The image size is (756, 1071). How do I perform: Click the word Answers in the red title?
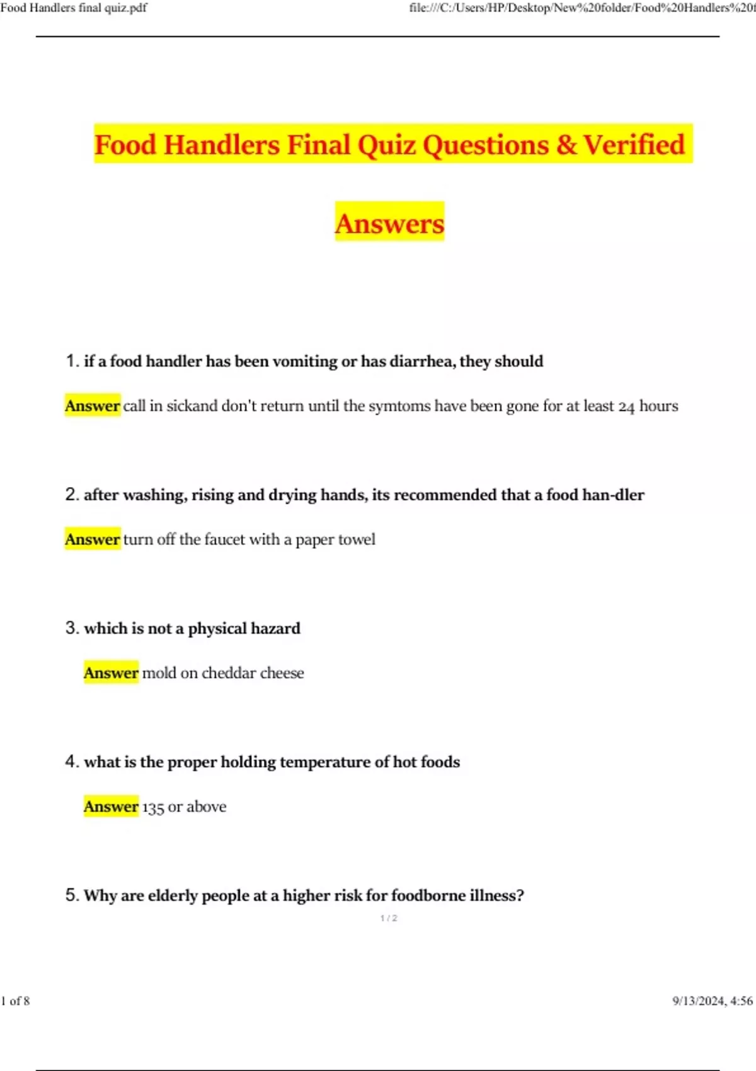[x=389, y=224]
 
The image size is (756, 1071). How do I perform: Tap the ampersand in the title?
[x=566, y=145]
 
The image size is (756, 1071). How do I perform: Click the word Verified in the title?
[x=633, y=145]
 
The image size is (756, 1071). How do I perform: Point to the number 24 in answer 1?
[x=626, y=406]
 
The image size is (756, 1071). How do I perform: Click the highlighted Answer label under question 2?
[x=92, y=539]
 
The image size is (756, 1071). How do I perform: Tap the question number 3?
[x=71, y=628]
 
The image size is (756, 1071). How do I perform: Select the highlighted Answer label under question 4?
[x=111, y=806]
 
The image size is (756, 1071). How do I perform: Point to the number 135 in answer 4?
[x=153, y=807]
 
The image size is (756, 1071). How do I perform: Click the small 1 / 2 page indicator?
[x=389, y=918]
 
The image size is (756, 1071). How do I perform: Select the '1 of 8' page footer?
[x=15, y=1001]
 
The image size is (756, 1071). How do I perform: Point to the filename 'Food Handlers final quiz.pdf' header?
[x=74, y=8]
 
